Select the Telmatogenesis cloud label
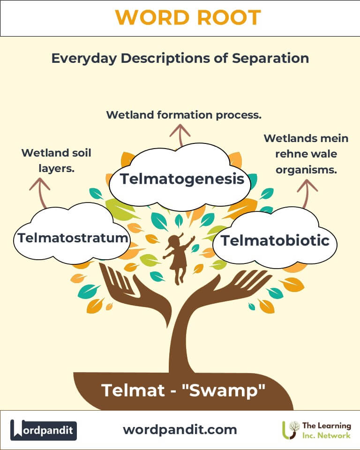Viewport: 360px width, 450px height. (182, 179)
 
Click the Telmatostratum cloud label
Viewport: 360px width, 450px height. (73, 238)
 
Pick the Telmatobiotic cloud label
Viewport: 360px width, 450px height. (275, 240)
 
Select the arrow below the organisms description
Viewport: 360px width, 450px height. (307, 192)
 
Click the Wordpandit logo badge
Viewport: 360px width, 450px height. (44, 430)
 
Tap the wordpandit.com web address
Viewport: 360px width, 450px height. (180, 429)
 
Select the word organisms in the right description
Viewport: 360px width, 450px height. (306, 170)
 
